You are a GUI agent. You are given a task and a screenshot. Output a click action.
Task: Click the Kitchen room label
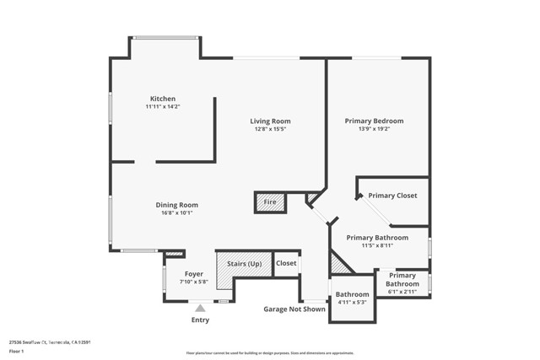(163, 99)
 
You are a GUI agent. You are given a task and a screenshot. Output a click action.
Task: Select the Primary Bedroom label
(374, 121)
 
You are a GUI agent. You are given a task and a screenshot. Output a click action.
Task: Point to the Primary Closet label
(392, 196)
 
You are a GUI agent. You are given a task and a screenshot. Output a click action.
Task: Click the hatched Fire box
(270, 202)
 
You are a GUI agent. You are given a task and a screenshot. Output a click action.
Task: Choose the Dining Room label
(176, 205)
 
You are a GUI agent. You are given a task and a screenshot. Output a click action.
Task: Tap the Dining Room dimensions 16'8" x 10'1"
(176, 213)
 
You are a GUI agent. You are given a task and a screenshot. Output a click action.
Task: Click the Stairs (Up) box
(243, 264)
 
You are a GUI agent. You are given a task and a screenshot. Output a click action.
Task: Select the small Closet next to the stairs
(286, 263)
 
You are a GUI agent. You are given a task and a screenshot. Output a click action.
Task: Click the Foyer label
(194, 273)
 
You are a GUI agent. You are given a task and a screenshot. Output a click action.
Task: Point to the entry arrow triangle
(200, 309)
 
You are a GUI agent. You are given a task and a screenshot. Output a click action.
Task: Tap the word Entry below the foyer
(200, 320)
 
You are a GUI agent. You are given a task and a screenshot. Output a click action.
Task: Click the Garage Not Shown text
(294, 309)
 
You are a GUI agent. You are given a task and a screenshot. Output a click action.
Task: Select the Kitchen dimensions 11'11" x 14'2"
(163, 107)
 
